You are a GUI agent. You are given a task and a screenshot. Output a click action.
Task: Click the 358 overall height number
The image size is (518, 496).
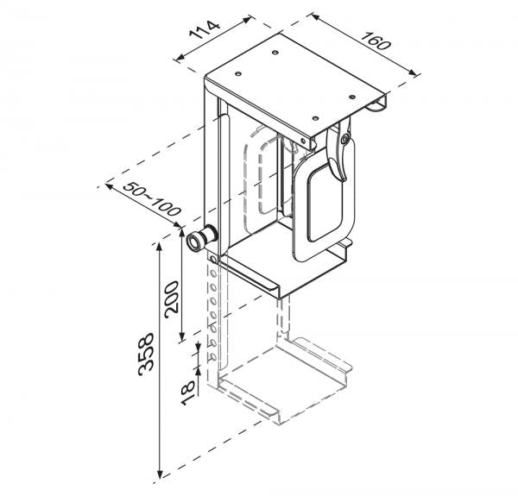[x=147, y=351]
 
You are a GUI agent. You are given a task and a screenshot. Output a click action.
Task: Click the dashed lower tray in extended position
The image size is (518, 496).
[x=285, y=380]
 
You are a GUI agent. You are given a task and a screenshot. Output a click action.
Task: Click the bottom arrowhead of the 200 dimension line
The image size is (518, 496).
[x=184, y=338]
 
